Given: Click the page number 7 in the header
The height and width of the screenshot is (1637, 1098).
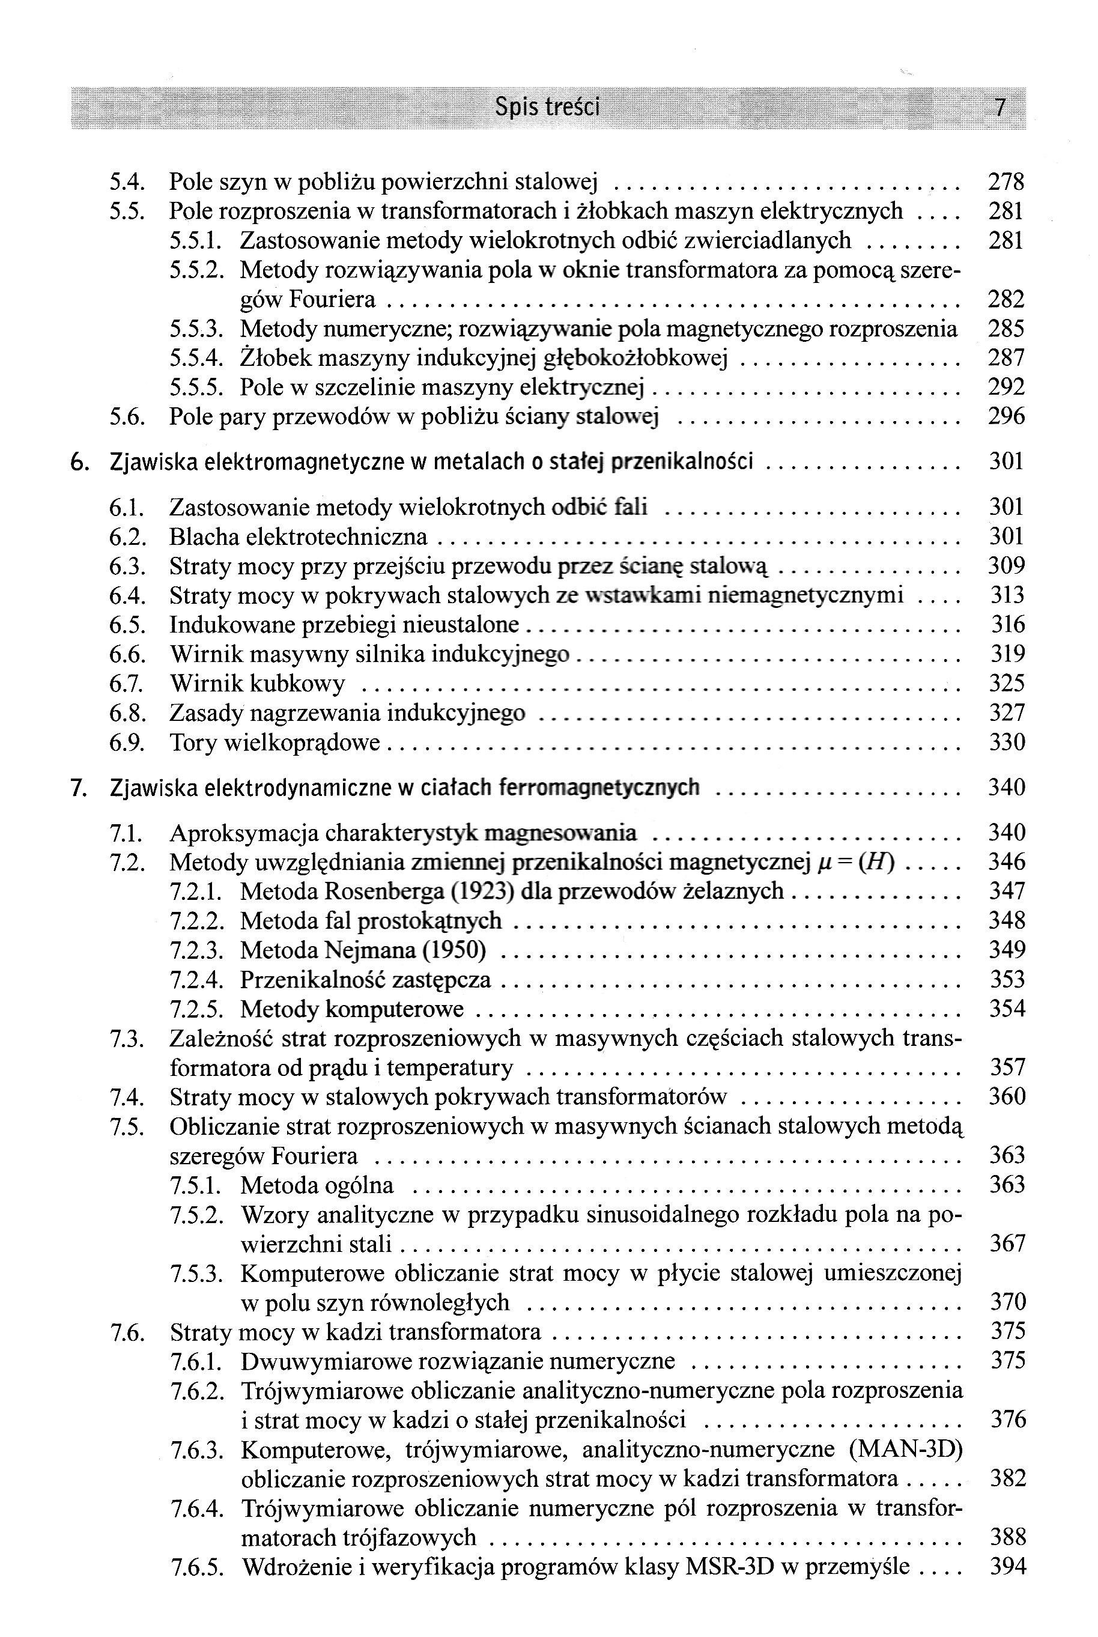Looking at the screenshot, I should coord(1000,108).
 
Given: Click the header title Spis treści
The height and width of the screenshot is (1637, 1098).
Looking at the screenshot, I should coord(547,107).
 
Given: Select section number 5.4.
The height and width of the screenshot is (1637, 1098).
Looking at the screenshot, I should coord(127,183).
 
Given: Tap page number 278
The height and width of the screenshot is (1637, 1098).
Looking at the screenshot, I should coord(1005,183).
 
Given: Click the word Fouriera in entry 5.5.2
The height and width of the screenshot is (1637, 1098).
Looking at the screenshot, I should coord(332,300).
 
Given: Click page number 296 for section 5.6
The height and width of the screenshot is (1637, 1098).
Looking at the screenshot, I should coord(1005,418).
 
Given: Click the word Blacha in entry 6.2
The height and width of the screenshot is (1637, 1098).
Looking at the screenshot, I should coord(204,537).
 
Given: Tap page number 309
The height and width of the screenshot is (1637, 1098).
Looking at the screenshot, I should coord(1005,566).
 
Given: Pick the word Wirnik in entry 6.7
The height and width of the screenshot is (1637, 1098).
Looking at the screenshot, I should coord(206,684).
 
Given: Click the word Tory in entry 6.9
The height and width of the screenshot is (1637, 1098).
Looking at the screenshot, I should coord(193,742).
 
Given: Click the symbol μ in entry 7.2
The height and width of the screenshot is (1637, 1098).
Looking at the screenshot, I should coord(824,863).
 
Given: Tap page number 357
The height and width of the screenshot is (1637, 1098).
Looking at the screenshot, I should coord(1007,1067).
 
